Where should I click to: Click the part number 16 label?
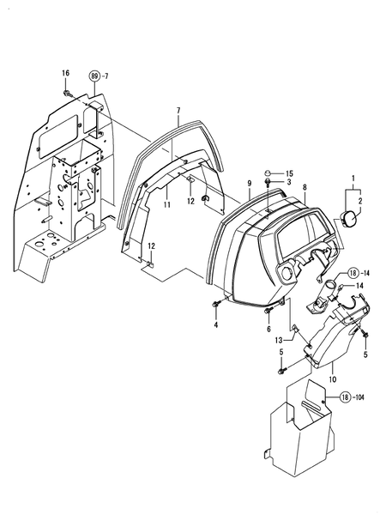pos(64,74)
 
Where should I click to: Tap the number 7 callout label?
pos(178,112)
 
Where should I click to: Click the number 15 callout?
pos(289,174)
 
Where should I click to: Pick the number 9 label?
pos(249,185)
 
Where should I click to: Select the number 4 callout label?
pos(215,324)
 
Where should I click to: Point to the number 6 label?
pos(268,330)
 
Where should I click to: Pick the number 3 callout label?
pos(289,184)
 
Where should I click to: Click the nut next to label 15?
pos(268,173)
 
